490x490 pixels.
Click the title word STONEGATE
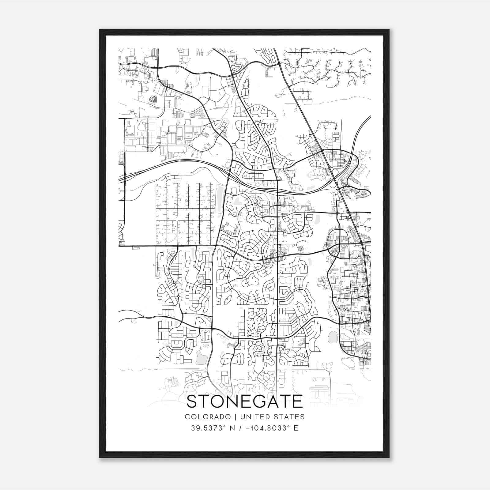pos(244,401)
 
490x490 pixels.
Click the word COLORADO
pos(207,417)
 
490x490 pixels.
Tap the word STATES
pos(288,417)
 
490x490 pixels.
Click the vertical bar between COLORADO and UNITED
pos(236,417)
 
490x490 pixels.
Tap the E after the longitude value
pos(296,428)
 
